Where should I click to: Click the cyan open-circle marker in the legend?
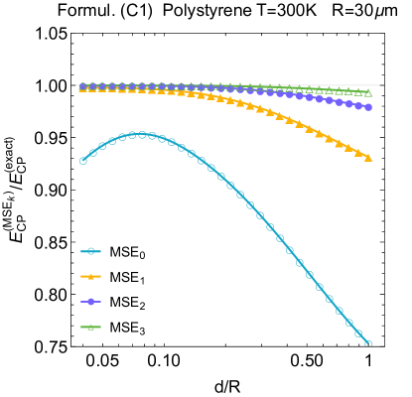point(90,251)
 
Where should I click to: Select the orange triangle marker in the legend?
point(90,276)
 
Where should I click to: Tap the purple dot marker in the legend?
point(90,301)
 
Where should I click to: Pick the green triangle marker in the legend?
point(90,327)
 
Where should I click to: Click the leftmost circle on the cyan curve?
point(82,160)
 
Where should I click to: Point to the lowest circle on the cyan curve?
point(368,344)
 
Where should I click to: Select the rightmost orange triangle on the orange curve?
point(368,158)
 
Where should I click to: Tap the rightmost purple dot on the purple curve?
point(368,107)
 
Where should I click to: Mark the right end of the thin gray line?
point(379,85)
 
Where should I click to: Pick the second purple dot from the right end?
point(358,105)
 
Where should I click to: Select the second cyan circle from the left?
point(92,152)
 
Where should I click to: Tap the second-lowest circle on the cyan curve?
point(358,333)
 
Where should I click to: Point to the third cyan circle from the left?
point(102,145)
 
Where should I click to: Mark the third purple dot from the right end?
point(348,103)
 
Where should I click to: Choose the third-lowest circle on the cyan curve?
point(348,323)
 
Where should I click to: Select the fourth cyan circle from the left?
point(112,140)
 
